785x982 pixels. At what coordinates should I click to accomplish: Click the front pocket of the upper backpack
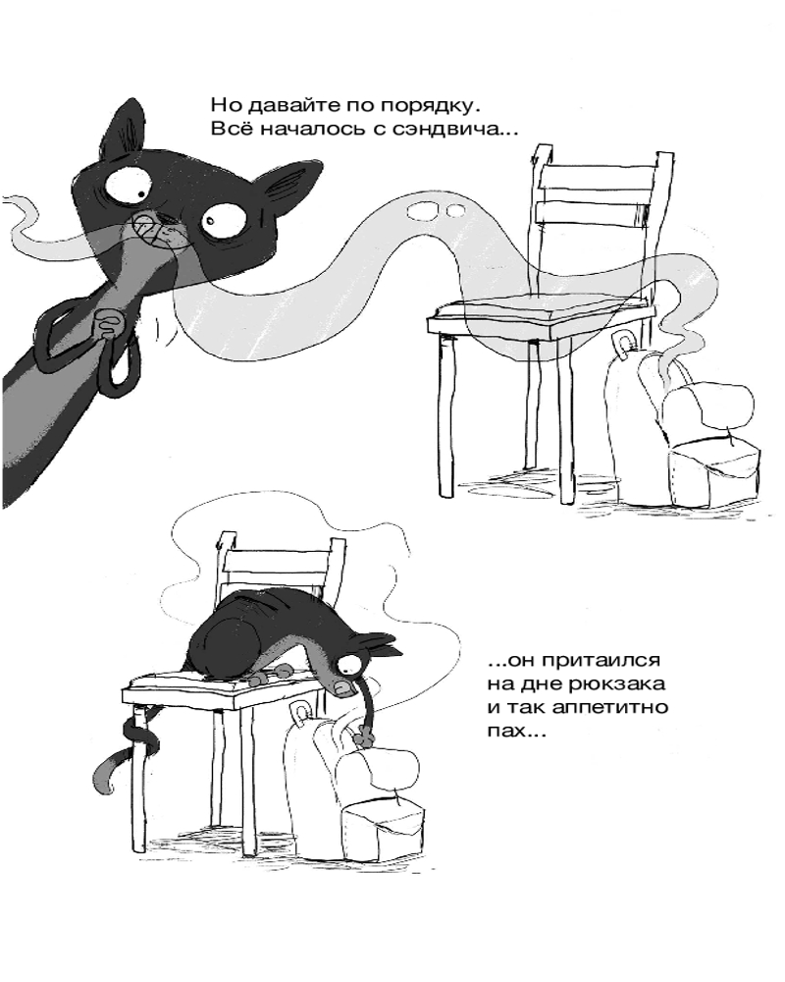(713, 469)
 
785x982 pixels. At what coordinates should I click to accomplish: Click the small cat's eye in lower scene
(347, 665)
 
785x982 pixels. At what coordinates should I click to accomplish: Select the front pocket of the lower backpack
(384, 821)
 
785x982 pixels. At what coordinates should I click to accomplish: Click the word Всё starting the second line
(231, 129)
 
